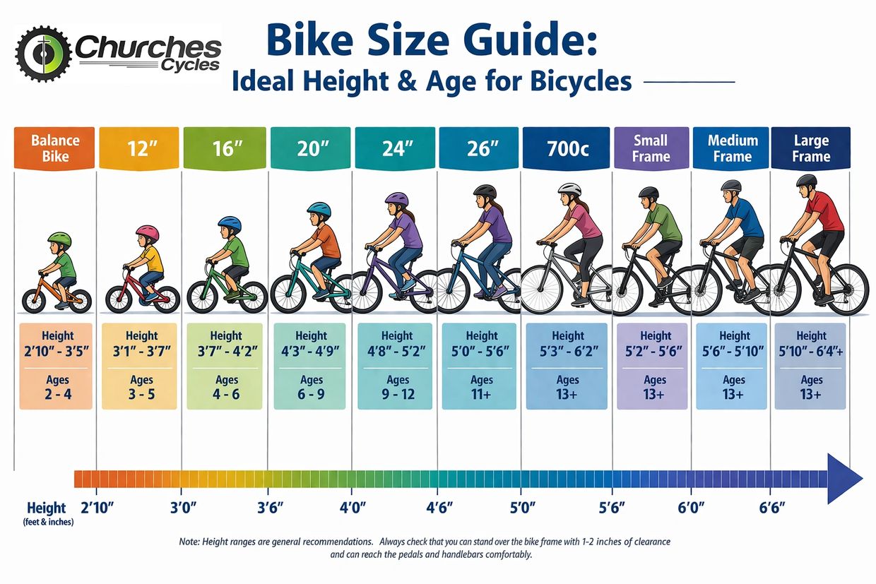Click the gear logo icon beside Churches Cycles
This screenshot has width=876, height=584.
coord(43,54)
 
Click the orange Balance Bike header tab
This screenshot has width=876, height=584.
coord(54,148)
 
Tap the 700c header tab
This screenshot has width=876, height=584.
coord(566,149)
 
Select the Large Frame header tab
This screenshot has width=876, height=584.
coord(810,148)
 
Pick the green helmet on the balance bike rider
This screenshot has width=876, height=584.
coord(59,240)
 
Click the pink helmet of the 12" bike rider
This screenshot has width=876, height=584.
coord(147,233)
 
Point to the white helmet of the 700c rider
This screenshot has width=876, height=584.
coord(569,189)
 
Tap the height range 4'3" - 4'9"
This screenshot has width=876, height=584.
coord(311,351)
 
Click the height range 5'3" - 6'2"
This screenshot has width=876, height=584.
coord(567,351)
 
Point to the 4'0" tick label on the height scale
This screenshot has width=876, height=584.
coord(352,508)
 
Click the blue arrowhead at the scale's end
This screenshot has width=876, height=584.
coord(844,479)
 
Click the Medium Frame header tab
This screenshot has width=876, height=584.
coord(732,148)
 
